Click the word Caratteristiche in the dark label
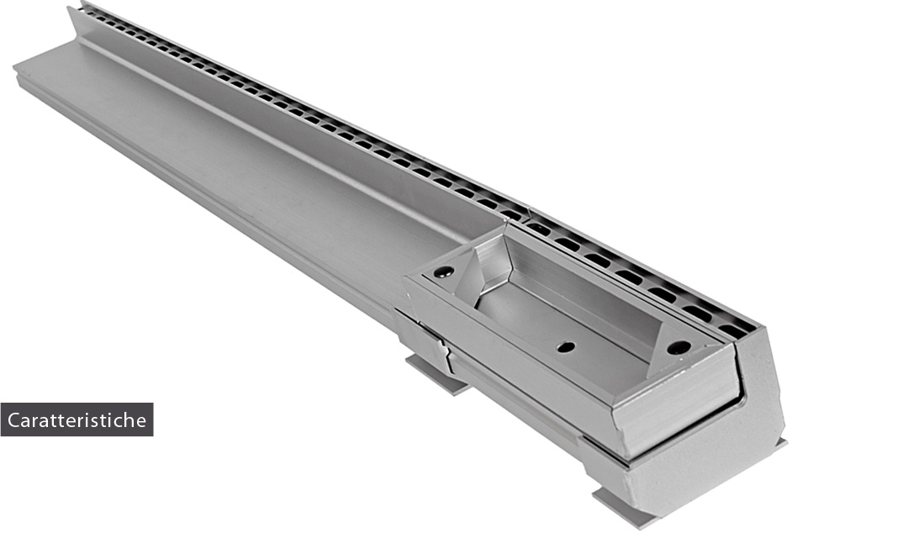point(77,419)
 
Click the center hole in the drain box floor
point(566,347)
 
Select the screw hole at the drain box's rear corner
point(444,271)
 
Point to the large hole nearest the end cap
point(678,347)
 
